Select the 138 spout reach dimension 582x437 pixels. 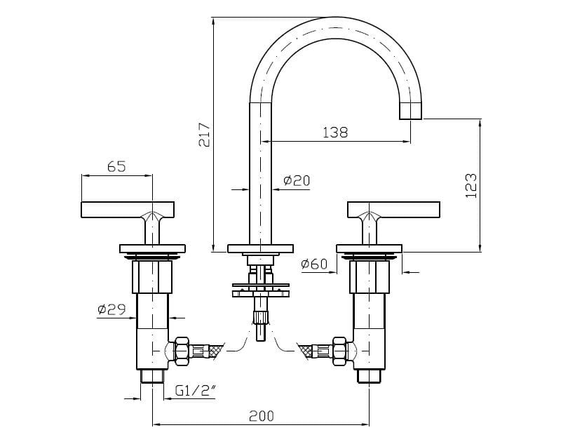pos(334,132)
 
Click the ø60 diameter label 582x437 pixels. pos(313,264)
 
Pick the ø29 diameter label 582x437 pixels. pos(111,309)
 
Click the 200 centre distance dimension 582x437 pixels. pos(261,415)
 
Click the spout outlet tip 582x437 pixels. pos(411,111)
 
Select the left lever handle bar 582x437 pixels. pos(127,209)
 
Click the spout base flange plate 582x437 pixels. pos(262,248)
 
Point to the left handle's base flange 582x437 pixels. pos(152,248)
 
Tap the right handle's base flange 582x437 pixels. pos(370,248)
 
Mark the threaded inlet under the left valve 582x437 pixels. pos(152,375)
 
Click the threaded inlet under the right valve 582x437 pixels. pos(369,375)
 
